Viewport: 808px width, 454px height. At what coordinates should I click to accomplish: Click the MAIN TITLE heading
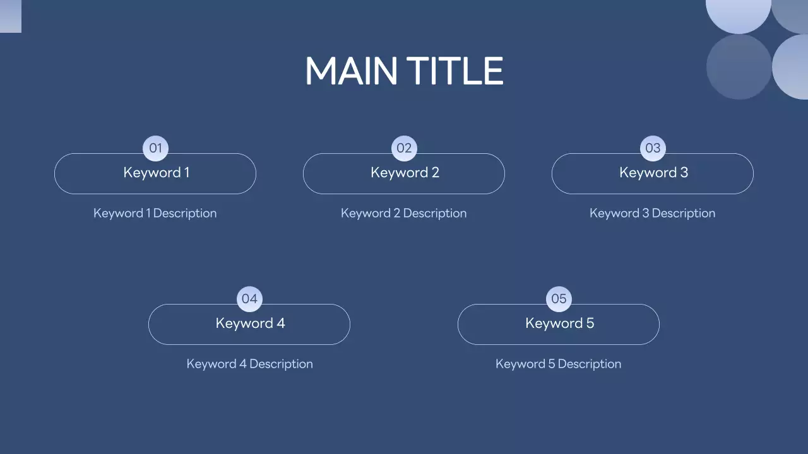(404, 71)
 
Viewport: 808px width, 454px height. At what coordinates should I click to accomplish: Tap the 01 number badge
(155, 149)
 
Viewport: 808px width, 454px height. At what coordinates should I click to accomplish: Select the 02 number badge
(404, 149)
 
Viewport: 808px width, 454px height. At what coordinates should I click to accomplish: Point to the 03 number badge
(653, 149)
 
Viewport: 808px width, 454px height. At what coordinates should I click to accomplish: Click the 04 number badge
(249, 299)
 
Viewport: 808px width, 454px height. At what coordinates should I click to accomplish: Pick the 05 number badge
(559, 299)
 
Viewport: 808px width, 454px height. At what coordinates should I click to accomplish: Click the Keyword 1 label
(156, 173)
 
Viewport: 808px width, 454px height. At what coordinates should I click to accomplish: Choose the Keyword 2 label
(405, 173)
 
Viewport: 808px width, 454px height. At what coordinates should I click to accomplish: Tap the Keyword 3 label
(653, 173)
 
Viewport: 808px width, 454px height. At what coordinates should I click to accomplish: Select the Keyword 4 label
(250, 323)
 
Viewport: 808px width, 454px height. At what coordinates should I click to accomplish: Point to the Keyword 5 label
(559, 323)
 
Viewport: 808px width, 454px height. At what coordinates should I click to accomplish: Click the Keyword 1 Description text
(155, 213)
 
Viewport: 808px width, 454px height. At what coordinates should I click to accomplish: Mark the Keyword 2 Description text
(403, 213)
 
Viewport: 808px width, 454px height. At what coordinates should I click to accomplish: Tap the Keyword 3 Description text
(652, 213)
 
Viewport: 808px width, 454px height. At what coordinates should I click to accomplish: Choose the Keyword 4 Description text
(249, 364)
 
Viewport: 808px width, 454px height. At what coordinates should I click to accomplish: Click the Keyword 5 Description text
(558, 364)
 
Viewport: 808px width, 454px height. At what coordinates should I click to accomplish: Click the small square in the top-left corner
(10, 16)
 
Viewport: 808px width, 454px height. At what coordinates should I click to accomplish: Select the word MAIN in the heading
(351, 71)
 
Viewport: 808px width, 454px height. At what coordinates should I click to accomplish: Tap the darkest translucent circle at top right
(739, 67)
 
